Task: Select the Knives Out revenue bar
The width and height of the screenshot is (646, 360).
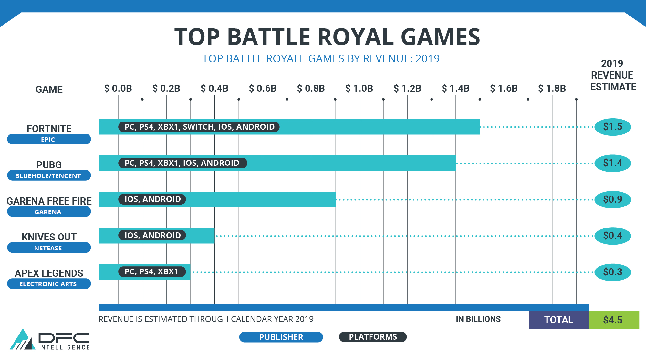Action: click(200, 236)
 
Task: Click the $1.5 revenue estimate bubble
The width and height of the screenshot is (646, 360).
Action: click(612, 127)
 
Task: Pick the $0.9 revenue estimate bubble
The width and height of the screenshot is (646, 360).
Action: click(612, 199)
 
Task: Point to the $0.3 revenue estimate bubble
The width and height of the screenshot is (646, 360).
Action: click(612, 272)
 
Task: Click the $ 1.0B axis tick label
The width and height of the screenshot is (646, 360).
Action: click(359, 88)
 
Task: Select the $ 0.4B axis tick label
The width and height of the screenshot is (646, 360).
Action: click(214, 88)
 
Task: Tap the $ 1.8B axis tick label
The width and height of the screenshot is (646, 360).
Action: click(552, 88)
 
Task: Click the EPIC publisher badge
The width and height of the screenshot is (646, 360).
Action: click(49, 139)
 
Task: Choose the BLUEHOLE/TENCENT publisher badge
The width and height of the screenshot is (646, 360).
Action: click(49, 175)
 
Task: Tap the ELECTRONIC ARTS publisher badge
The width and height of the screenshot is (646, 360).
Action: click(49, 284)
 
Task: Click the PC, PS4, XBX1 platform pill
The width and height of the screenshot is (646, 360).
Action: click(151, 271)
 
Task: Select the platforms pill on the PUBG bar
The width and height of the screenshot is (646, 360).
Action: click(182, 163)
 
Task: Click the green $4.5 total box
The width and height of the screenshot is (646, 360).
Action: click(613, 320)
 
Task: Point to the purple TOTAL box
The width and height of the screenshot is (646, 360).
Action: click(558, 320)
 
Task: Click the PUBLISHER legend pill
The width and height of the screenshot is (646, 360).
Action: click(281, 337)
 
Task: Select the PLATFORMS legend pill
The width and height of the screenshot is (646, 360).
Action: click(373, 337)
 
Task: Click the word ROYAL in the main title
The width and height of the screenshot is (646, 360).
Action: click(356, 37)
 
